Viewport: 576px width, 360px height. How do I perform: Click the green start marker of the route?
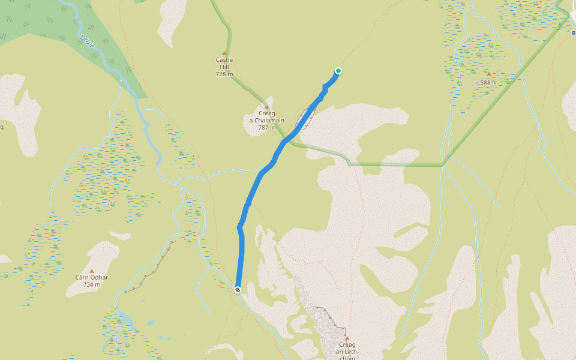pyautogui.click(x=338, y=71)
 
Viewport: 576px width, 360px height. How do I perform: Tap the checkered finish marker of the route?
pyautogui.click(x=238, y=290)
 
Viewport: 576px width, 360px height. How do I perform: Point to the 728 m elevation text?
pyautogui.click(x=224, y=74)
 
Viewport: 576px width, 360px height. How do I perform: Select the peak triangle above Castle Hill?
pyautogui.click(x=224, y=53)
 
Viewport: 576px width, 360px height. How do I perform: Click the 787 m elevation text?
pyautogui.click(x=266, y=127)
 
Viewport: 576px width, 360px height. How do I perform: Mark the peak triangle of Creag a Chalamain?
pyautogui.click(x=267, y=107)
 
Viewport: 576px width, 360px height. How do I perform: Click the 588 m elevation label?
pyautogui.click(x=489, y=82)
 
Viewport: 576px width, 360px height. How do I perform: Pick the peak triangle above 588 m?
pyautogui.click(x=488, y=74)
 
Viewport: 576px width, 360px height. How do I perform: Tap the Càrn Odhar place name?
pyautogui.click(x=92, y=277)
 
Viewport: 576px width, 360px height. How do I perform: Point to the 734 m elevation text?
pyautogui.click(x=92, y=284)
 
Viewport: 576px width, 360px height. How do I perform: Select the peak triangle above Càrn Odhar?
pyautogui.click(x=92, y=271)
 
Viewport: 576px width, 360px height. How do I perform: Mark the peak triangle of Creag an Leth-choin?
pyautogui.click(x=347, y=338)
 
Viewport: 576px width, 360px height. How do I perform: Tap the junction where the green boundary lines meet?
pyautogui.click(x=442, y=165)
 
